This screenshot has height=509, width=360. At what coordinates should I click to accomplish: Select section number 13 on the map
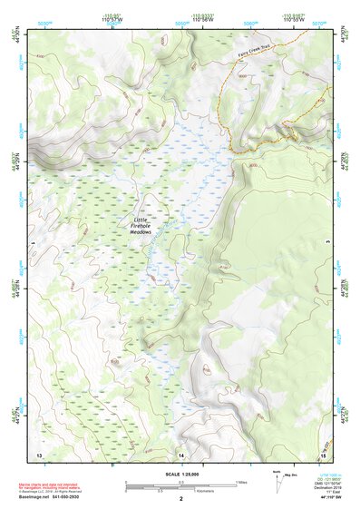(39, 453)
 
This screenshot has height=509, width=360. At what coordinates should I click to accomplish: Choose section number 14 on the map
(181, 453)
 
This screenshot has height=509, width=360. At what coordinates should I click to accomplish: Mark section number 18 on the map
(321, 453)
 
